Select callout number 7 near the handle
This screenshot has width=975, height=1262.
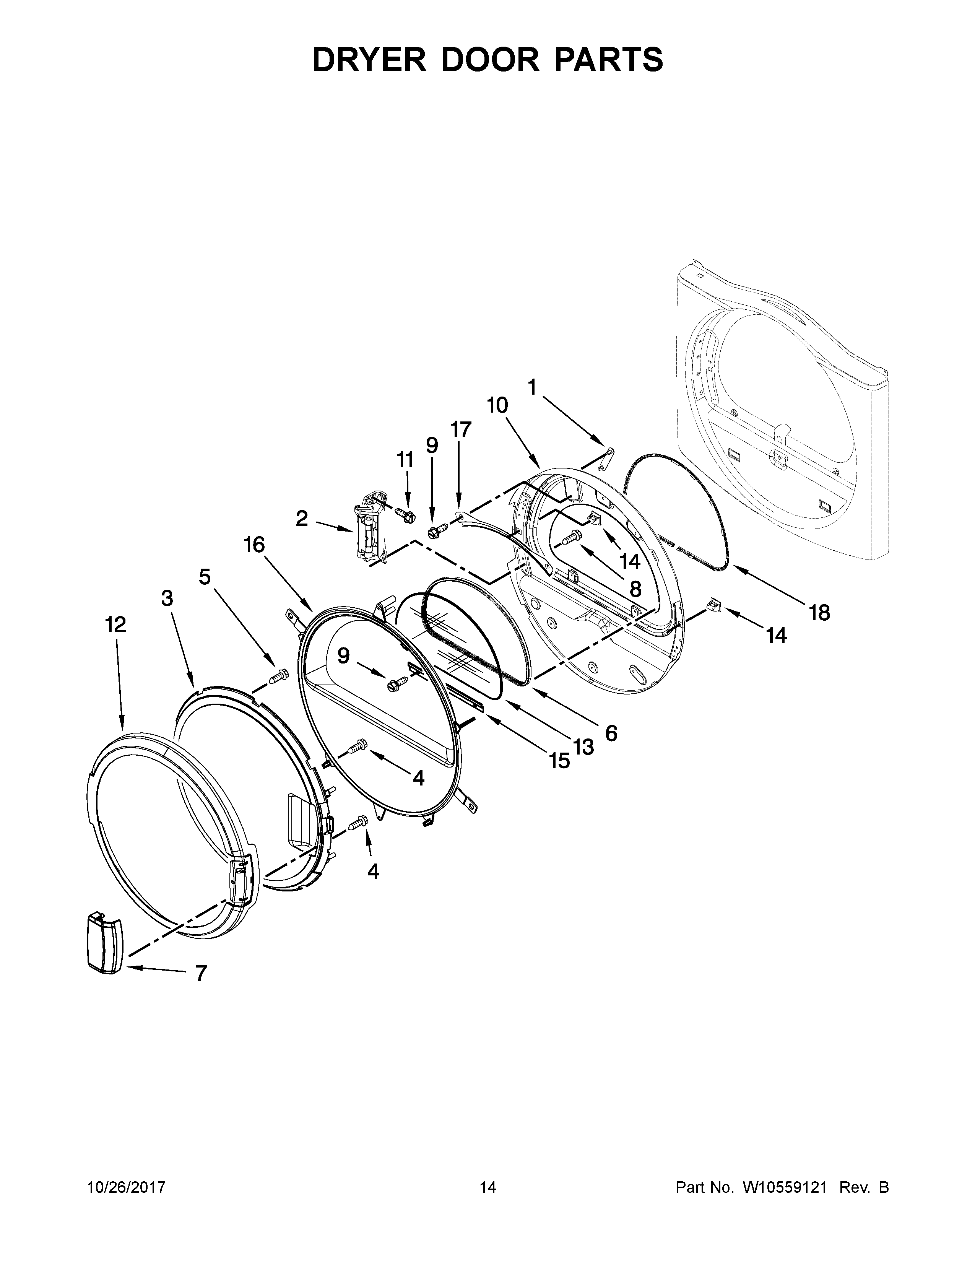point(200,974)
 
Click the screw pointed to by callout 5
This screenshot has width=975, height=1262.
point(279,674)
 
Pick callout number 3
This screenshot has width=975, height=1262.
point(167,598)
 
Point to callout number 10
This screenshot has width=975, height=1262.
point(497,406)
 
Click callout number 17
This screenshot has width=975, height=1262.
point(460,429)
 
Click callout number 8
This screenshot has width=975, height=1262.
point(635,589)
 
